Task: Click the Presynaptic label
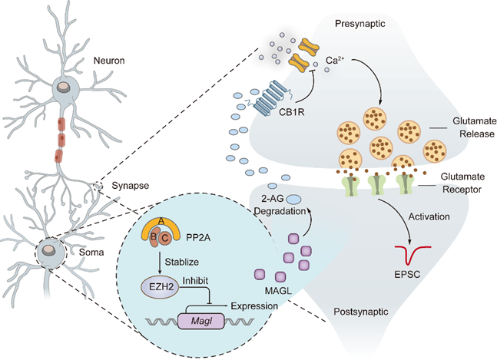359,25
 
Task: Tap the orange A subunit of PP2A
161,223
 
